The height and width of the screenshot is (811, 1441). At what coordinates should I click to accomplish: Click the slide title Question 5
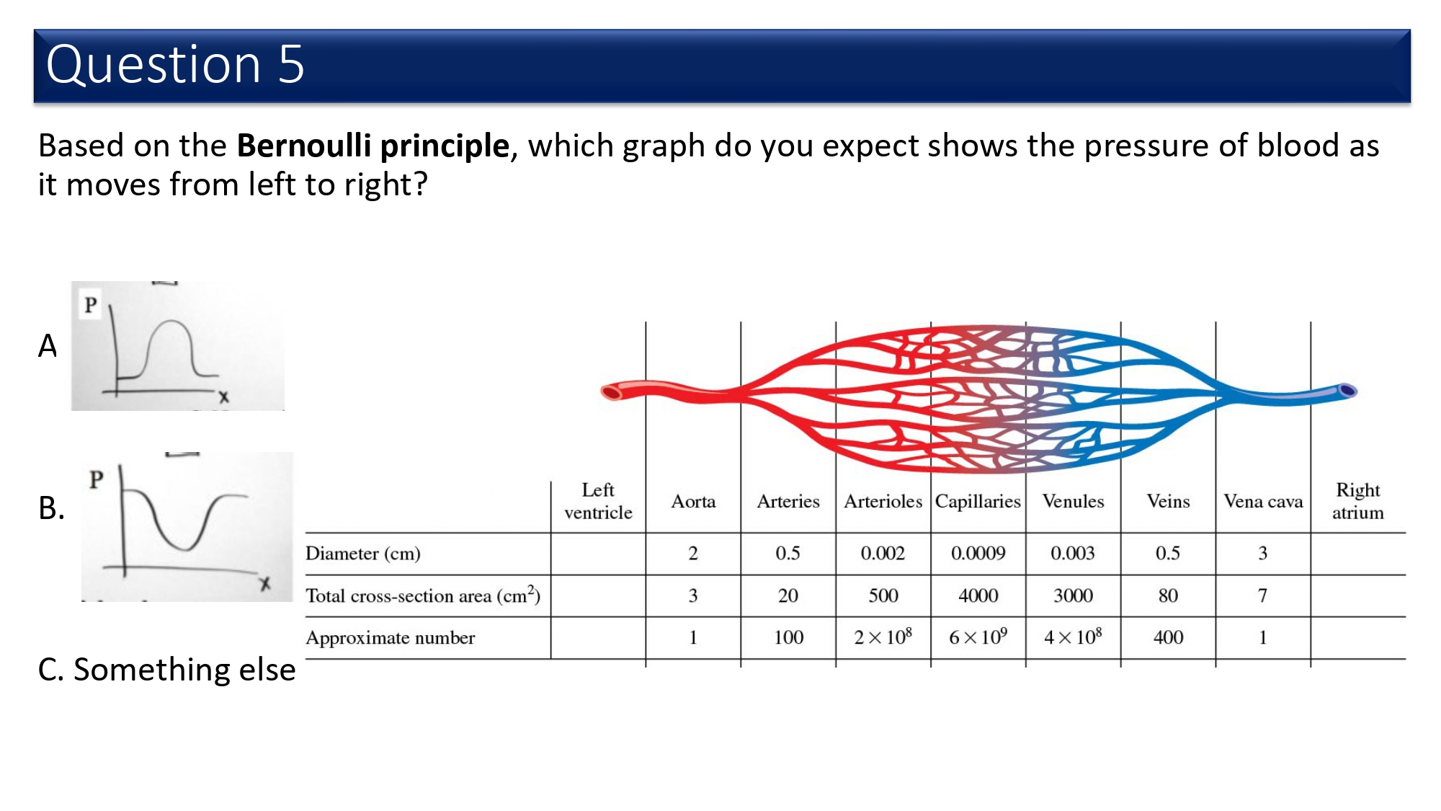175,64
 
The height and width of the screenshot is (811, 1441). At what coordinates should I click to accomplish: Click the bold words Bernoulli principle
373,146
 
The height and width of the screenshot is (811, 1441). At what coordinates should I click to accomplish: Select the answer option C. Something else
166,670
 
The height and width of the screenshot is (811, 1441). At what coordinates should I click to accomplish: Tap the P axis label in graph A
90,305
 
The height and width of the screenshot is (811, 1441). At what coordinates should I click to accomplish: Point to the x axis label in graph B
265,584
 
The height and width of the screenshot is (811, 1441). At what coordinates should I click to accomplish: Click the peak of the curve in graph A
171,322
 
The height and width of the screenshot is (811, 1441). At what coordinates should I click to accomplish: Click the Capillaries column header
978,502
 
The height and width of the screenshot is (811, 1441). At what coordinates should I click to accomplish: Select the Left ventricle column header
598,501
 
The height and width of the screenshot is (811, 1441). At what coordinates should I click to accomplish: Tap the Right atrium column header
1357,501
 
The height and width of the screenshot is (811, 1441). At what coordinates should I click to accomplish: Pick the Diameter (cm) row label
362,554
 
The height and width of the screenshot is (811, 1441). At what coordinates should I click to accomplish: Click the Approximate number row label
390,638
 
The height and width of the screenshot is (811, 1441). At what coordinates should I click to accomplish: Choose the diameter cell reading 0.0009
978,554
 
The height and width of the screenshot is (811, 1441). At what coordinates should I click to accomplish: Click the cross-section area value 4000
978,595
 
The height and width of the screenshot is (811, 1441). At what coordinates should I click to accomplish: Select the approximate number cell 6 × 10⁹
978,637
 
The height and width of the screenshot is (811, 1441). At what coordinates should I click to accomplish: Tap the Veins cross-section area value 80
1168,595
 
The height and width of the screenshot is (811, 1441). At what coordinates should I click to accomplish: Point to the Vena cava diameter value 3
1262,554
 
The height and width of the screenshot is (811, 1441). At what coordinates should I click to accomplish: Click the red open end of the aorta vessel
611,392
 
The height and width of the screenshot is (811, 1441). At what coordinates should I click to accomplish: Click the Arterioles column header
883,502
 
